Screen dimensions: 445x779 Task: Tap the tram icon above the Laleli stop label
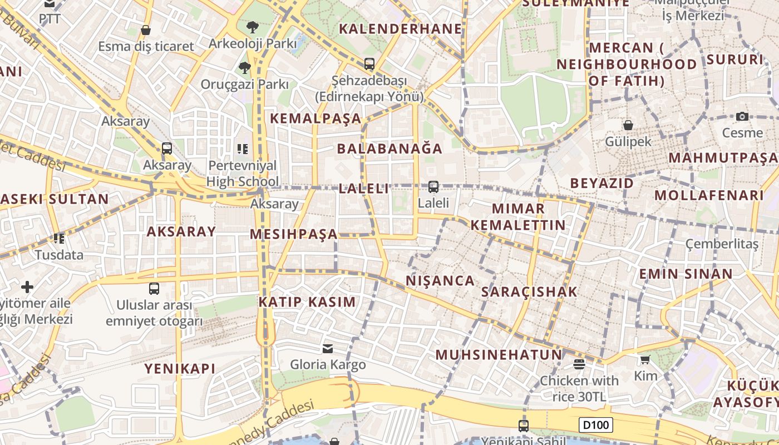(x=433, y=187)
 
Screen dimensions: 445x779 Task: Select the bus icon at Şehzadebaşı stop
(x=369, y=64)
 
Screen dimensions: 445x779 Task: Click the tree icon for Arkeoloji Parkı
(x=253, y=27)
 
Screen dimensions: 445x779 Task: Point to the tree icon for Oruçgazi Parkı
(x=244, y=68)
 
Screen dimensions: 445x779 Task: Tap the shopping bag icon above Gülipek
(x=628, y=125)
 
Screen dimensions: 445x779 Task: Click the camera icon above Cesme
(x=742, y=116)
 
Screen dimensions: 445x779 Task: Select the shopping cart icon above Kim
(x=645, y=360)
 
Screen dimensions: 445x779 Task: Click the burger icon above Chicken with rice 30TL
(x=579, y=364)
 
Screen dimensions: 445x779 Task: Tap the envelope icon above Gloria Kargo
(x=328, y=349)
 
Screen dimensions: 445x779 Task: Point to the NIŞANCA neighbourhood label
(x=440, y=281)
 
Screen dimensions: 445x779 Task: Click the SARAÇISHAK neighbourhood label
(x=529, y=292)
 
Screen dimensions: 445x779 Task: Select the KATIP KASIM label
(x=307, y=302)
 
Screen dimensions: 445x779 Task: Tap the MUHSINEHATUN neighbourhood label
(x=499, y=355)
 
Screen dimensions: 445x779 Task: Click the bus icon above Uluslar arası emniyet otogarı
(x=154, y=289)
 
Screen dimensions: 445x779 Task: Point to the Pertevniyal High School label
(x=243, y=174)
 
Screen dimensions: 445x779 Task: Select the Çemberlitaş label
(x=722, y=244)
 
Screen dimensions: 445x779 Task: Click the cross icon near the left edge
(x=27, y=287)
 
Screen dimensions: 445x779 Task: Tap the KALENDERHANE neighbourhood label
(x=401, y=29)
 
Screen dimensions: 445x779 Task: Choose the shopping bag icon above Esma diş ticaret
(x=146, y=30)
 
